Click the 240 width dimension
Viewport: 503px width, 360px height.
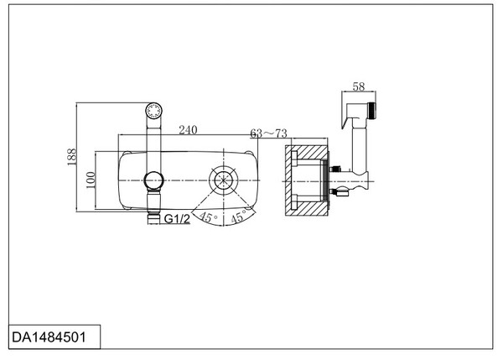(x=188, y=130)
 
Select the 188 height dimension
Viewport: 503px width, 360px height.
(x=72, y=157)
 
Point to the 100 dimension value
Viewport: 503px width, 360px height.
(x=91, y=180)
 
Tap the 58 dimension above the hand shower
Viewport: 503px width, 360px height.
(x=359, y=86)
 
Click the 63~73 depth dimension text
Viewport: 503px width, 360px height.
(x=268, y=133)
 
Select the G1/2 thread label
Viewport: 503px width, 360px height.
(x=177, y=219)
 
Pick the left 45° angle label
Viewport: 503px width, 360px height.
(x=208, y=217)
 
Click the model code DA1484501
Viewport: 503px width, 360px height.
(x=49, y=337)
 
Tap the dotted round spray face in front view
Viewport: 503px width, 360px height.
(x=153, y=111)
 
